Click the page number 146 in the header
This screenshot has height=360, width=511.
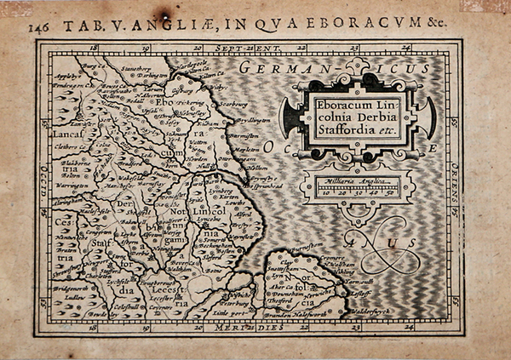pyautogui.click(x=38, y=26)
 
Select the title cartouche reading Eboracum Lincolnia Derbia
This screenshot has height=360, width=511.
pyautogui.click(x=358, y=116)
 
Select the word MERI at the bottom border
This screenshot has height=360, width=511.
pyautogui.click(x=232, y=328)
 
